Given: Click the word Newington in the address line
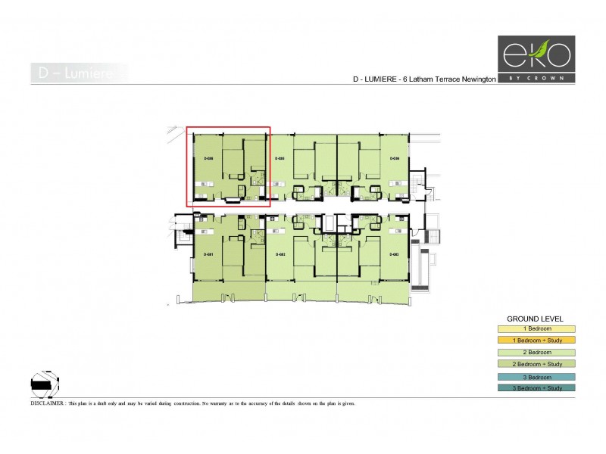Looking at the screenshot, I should tap(476, 79).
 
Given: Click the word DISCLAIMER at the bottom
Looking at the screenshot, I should tap(48, 404).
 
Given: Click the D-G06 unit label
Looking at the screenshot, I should tap(209, 158).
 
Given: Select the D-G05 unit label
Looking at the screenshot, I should tap(280, 158).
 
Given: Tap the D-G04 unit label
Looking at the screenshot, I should tap(394, 158).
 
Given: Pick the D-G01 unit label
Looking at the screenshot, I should tap(210, 253).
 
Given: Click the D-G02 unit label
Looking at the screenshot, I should tap(280, 253).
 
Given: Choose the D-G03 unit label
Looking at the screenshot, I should tap(394, 253).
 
